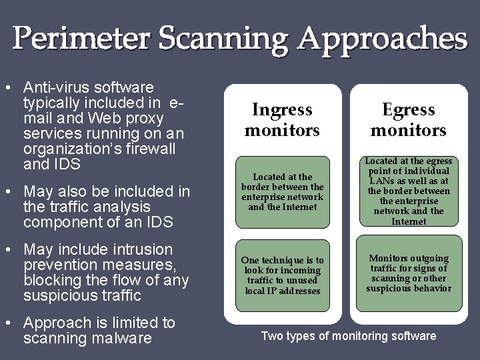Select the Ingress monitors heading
[282, 119]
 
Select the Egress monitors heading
[408, 119]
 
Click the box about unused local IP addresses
[282, 275]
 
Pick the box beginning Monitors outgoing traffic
[408, 273]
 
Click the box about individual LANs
[408, 191]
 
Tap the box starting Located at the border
[282, 191]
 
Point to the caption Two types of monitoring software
[348, 336]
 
